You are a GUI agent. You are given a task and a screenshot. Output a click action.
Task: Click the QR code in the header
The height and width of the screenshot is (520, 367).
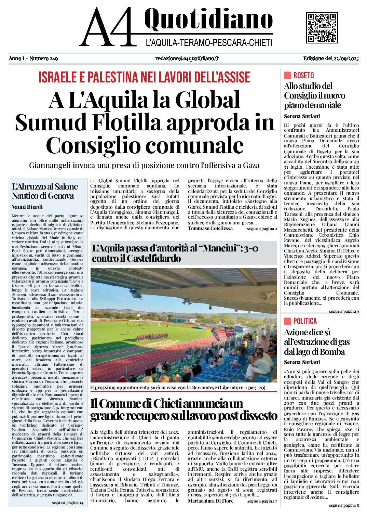pos(322,28)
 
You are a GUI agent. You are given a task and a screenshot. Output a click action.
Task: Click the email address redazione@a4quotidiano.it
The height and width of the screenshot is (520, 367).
pos(187,58)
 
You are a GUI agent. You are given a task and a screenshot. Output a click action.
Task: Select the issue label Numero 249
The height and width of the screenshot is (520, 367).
pos(43,58)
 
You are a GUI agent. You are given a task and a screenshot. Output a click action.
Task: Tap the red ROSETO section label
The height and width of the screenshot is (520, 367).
pos(303,76)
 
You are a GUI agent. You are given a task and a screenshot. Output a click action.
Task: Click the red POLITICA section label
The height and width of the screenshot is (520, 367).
pos(305,321)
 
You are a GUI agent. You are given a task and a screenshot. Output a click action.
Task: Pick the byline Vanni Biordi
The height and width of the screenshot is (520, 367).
pos(27,207)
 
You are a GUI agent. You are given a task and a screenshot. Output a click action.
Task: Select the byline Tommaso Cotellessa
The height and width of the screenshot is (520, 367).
pos(210,229)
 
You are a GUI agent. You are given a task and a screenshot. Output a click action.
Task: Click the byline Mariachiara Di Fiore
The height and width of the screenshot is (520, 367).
pos(210,501)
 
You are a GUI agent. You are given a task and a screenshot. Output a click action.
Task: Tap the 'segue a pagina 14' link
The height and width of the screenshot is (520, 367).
pos(68,503)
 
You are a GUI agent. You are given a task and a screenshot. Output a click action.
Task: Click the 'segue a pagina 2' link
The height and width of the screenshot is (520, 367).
pos(262,229)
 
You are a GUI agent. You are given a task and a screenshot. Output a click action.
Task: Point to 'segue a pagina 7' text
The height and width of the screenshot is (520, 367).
pos(262,502)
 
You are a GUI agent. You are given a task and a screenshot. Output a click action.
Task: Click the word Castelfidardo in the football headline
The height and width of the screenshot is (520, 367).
pos(153,259)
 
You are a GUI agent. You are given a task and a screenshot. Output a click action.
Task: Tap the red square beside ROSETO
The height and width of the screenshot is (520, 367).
pos(287,75)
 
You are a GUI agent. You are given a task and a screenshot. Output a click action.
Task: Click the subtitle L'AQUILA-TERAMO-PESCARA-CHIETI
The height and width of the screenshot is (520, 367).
pos(209,43)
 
